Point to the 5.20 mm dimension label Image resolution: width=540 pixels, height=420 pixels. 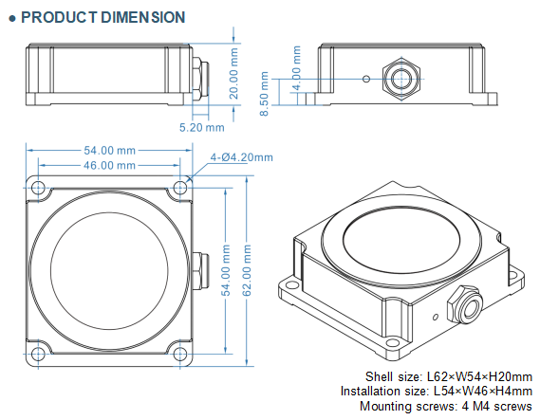click(201, 125)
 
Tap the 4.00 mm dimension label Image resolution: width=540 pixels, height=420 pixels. click(296, 73)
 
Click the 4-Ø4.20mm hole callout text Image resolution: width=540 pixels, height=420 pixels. click(241, 157)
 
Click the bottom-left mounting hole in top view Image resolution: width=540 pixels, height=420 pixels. click(38, 355)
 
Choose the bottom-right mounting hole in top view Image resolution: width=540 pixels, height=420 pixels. click(178, 355)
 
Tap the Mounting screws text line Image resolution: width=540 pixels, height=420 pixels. click(446, 406)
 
